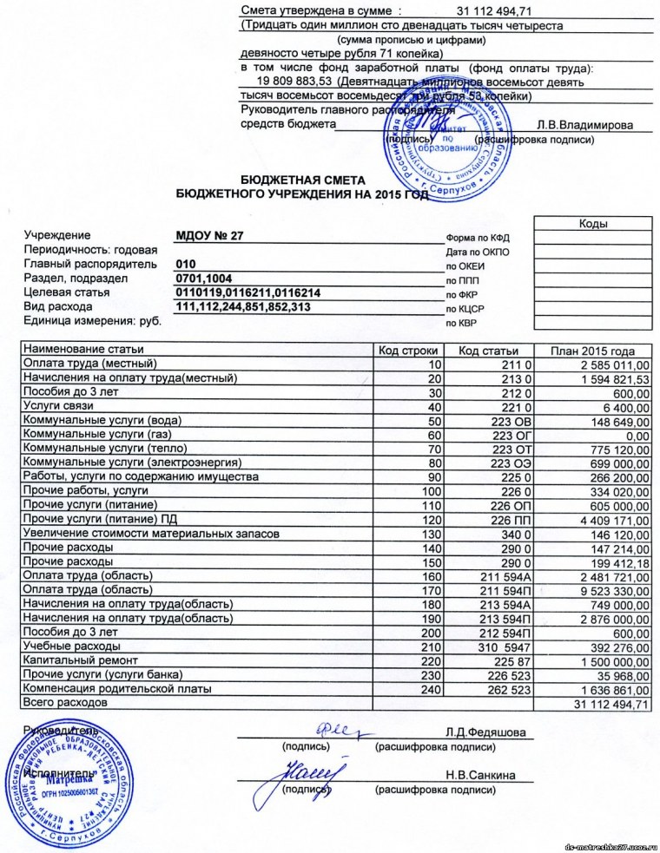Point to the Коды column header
click(x=592, y=224)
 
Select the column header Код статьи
click(x=488, y=350)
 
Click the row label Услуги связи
click(x=58, y=406)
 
